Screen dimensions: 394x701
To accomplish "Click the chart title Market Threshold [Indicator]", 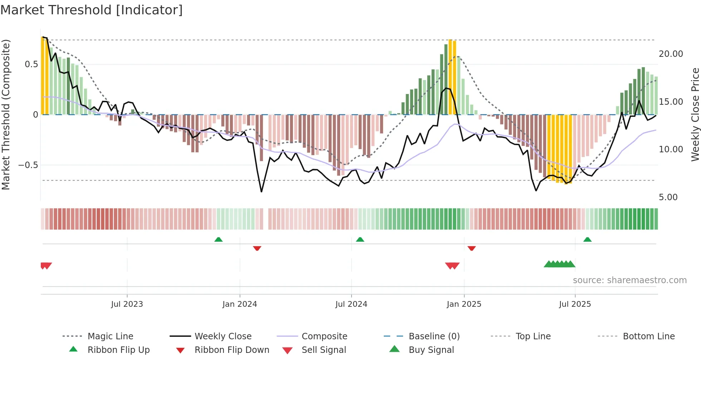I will coord(92,10).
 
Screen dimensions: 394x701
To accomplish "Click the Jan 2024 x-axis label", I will coord(240,304).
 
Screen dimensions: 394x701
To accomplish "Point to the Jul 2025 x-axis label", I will coord(575,304).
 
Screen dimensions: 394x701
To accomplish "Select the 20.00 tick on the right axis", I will coord(671,54).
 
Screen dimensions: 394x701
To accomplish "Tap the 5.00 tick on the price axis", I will coord(668,197).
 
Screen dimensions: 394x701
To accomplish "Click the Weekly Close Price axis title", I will coord(695,114).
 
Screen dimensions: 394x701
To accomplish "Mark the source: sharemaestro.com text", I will coord(629,280).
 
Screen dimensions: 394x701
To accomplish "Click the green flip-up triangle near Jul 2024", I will coord(360,240).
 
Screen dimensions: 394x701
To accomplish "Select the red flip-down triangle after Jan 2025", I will coord(471,248).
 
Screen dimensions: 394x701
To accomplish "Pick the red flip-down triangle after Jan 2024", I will coord(257,248).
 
